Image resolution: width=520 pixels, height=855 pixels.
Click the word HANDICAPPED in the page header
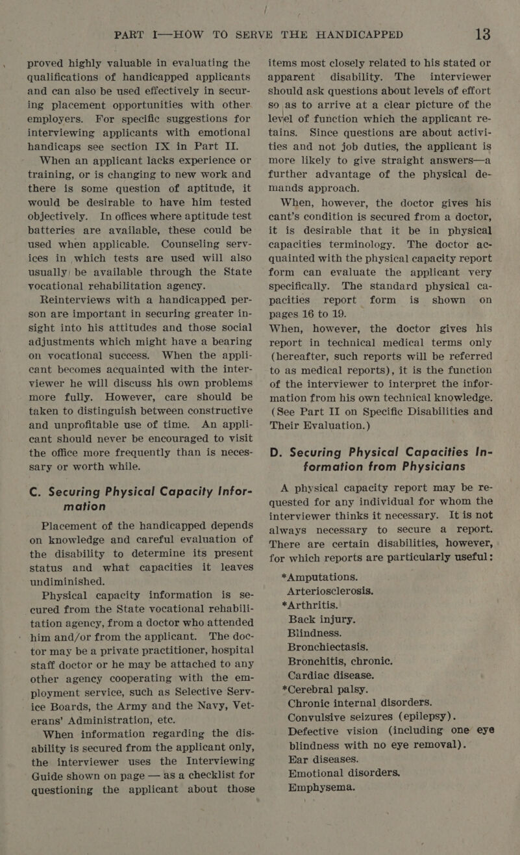coord(365,33)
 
